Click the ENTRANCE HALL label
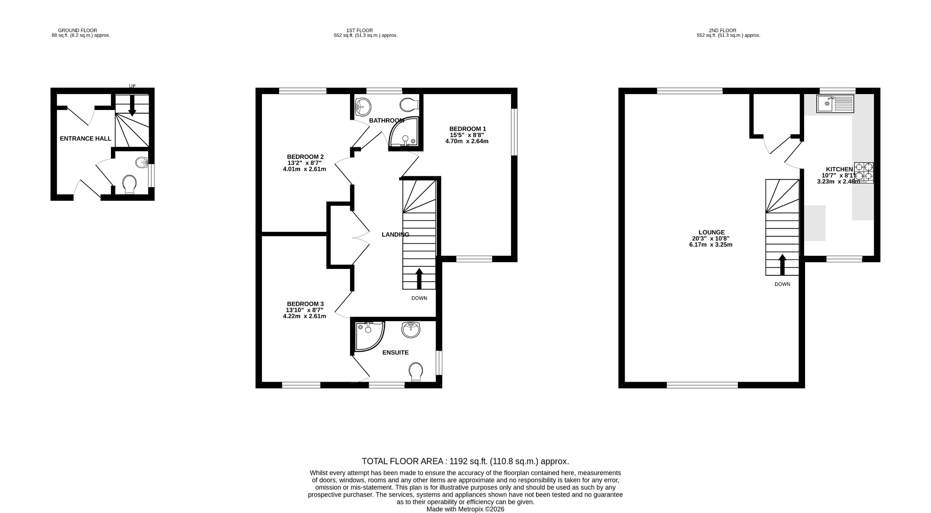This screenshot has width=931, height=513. pyautogui.click(x=85, y=139)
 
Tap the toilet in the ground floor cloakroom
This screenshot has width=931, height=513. pyautogui.click(x=130, y=184)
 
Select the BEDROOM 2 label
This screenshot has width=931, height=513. pyautogui.click(x=305, y=157)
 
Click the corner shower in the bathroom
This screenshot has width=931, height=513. pyautogui.click(x=403, y=133)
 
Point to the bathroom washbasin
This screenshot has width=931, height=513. pyautogui.click(x=363, y=107)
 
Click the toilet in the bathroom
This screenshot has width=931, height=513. pyautogui.click(x=409, y=105)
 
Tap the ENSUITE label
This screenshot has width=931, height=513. pyautogui.click(x=395, y=353)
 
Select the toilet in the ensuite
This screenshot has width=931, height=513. pyautogui.click(x=415, y=372)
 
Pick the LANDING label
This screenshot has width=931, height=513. pyautogui.click(x=395, y=234)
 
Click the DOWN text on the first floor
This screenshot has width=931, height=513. pyautogui.click(x=419, y=298)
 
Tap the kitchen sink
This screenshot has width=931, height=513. pyautogui.click(x=835, y=104)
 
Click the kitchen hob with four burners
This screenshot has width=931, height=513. pyautogui.click(x=864, y=172)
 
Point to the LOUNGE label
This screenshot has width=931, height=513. pyautogui.click(x=711, y=232)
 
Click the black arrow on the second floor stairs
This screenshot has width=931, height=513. pyautogui.click(x=782, y=264)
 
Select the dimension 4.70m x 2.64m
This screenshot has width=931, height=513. pyautogui.click(x=467, y=141)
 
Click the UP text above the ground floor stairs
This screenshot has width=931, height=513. pyautogui.click(x=132, y=86)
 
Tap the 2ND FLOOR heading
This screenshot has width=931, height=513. pyautogui.click(x=722, y=30)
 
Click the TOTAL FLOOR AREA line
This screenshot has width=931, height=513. pyautogui.click(x=465, y=461)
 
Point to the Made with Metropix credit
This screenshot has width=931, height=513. pyautogui.click(x=465, y=509)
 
